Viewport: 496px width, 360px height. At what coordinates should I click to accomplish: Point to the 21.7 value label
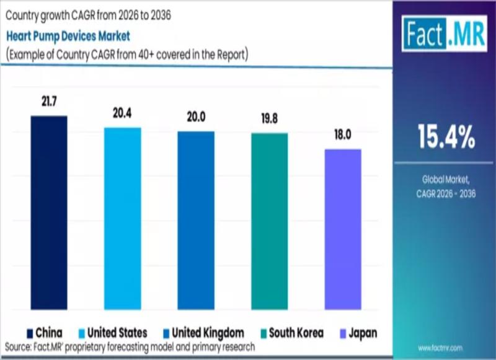[x=49, y=102]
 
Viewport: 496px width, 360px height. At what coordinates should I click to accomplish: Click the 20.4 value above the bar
[x=122, y=114]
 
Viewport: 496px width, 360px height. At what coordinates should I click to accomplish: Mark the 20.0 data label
[x=196, y=118]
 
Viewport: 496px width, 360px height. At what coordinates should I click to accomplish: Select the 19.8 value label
[x=269, y=120]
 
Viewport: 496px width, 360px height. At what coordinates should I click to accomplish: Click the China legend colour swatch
[x=30, y=333]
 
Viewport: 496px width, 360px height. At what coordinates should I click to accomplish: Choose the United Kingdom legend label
[x=208, y=333]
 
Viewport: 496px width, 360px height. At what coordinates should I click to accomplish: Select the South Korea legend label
[x=296, y=333]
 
